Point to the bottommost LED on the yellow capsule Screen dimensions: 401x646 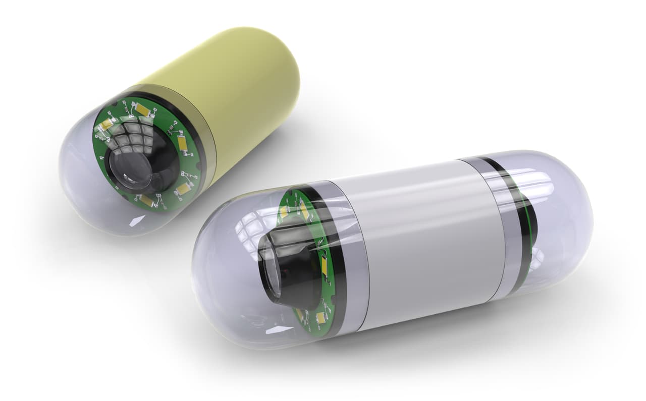coord(147,200)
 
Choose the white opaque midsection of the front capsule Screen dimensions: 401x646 coord(424,242)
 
